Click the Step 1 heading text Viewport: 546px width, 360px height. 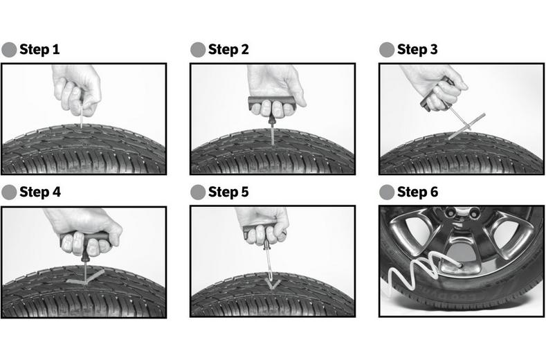(39, 49)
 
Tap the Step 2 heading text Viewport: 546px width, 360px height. (228, 49)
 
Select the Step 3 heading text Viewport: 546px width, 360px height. (417, 49)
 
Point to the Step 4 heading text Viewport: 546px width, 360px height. (40, 192)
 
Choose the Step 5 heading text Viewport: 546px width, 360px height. (228, 192)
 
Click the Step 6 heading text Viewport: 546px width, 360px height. (417, 192)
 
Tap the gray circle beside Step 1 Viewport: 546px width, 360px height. (9, 50)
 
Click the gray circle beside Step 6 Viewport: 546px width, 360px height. (387, 192)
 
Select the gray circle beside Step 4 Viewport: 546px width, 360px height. (9, 192)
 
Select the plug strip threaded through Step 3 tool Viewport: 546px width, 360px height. (466, 126)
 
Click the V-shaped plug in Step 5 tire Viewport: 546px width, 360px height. (272, 284)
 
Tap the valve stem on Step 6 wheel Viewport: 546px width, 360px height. (459, 265)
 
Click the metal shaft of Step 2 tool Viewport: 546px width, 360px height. (272, 135)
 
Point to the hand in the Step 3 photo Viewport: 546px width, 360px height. (435, 87)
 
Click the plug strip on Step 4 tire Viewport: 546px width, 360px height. (86, 277)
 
